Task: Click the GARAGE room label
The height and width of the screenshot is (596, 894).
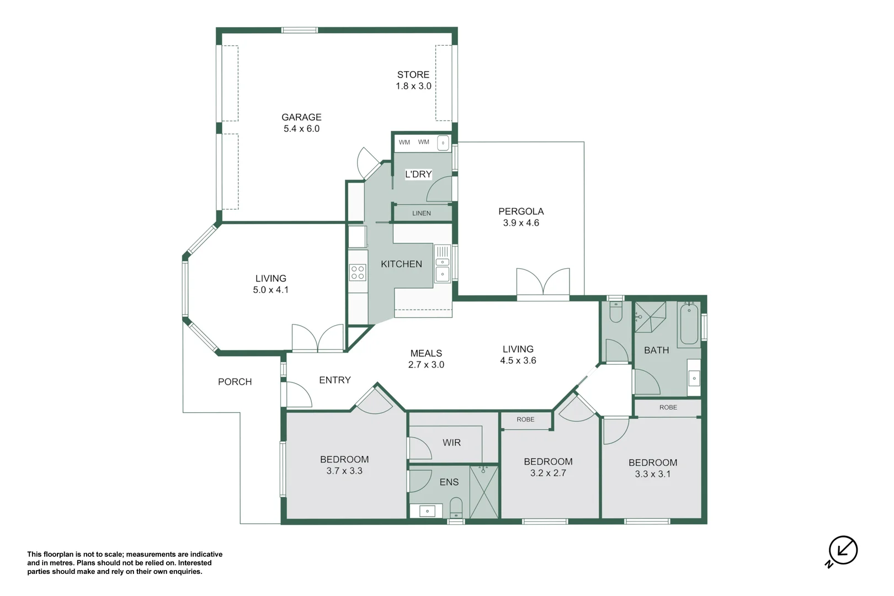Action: click(x=301, y=118)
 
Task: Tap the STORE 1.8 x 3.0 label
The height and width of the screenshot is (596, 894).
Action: click(x=413, y=80)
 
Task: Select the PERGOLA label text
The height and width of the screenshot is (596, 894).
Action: click(x=521, y=211)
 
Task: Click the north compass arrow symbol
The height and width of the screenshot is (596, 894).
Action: click(x=842, y=551)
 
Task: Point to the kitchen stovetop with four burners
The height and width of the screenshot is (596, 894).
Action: click(x=358, y=273)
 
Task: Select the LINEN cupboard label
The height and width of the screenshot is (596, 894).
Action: click(x=422, y=213)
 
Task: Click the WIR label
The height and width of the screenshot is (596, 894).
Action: click(x=451, y=443)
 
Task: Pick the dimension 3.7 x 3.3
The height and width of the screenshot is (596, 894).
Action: click(x=344, y=471)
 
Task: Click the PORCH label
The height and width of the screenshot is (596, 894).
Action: click(x=235, y=382)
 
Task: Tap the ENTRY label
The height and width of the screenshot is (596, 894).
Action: click(x=335, y=380)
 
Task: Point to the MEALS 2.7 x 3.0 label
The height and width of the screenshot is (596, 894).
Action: click(x=426, y=359)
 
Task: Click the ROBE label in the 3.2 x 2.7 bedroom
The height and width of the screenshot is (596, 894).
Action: click(x=525, y=419)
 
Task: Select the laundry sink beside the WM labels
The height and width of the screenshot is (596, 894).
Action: click(x=443, y=143)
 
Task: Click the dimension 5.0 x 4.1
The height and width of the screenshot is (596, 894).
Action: click(x=270, y=290)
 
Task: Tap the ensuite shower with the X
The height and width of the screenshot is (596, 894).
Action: click(x=484, y=492)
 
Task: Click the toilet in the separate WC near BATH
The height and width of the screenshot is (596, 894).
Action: click(x=616, y=312)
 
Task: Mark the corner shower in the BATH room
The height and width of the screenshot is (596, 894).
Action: click(x=651, y=317)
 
